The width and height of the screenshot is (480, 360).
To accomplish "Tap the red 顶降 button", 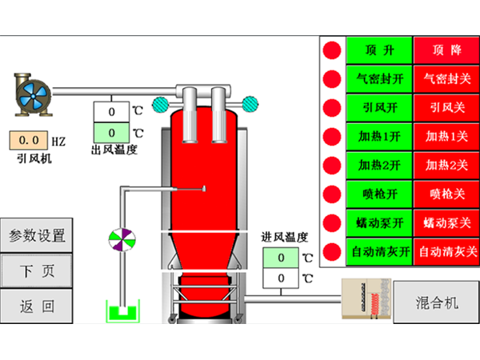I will (x=446, y=50).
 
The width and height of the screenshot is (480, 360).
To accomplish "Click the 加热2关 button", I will (x=446, y=166).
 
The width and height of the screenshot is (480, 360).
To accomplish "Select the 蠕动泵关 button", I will (x=446, y=222).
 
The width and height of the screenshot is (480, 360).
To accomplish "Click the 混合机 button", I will (x=437, y=302).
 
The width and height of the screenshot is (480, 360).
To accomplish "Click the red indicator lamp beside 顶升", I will (x=332, y=50).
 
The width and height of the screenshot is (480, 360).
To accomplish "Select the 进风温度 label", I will (x=285, y=238).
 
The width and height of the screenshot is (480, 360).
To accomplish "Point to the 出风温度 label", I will (x=114, y=150).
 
